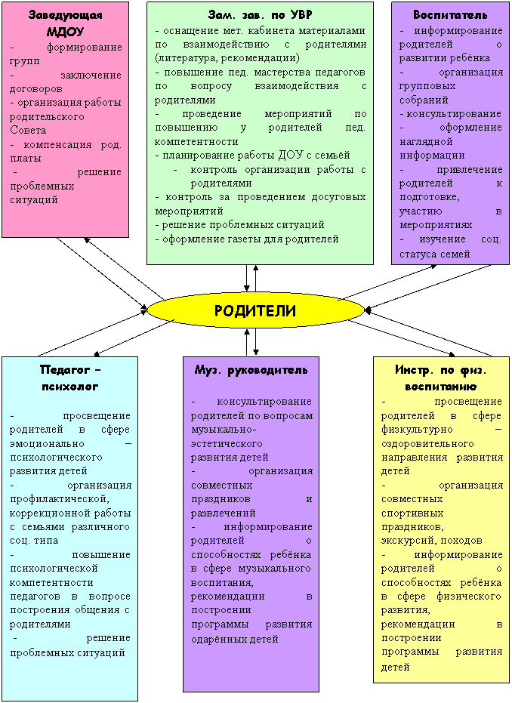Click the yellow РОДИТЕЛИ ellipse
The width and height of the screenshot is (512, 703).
(x=255, y=310)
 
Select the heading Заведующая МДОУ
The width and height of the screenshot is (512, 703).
(x=66, y=23)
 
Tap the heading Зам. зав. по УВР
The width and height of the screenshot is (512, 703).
(x=260, y=15)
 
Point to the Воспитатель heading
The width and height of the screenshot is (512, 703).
(x=450, y=15)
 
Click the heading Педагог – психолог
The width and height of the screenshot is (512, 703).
(x=70, y=378)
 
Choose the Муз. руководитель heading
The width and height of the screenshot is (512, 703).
(x=251, y=370)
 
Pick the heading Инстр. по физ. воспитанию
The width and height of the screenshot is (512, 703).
(x=441, y=378)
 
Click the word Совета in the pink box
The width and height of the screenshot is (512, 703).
(x=28, y=131)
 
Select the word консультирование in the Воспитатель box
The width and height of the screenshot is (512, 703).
(x=454, y=114)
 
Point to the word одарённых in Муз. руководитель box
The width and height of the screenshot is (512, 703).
(x=216, y=639)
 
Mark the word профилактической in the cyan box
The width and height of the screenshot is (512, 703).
(x=58, y=499)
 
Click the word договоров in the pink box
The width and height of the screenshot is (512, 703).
(x=35, y=89)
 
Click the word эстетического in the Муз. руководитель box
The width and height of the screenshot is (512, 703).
(x=227, y=444)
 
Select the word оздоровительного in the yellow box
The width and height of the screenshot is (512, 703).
(x=427, y=444)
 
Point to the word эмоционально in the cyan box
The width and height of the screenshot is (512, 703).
(x=47, y=444)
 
